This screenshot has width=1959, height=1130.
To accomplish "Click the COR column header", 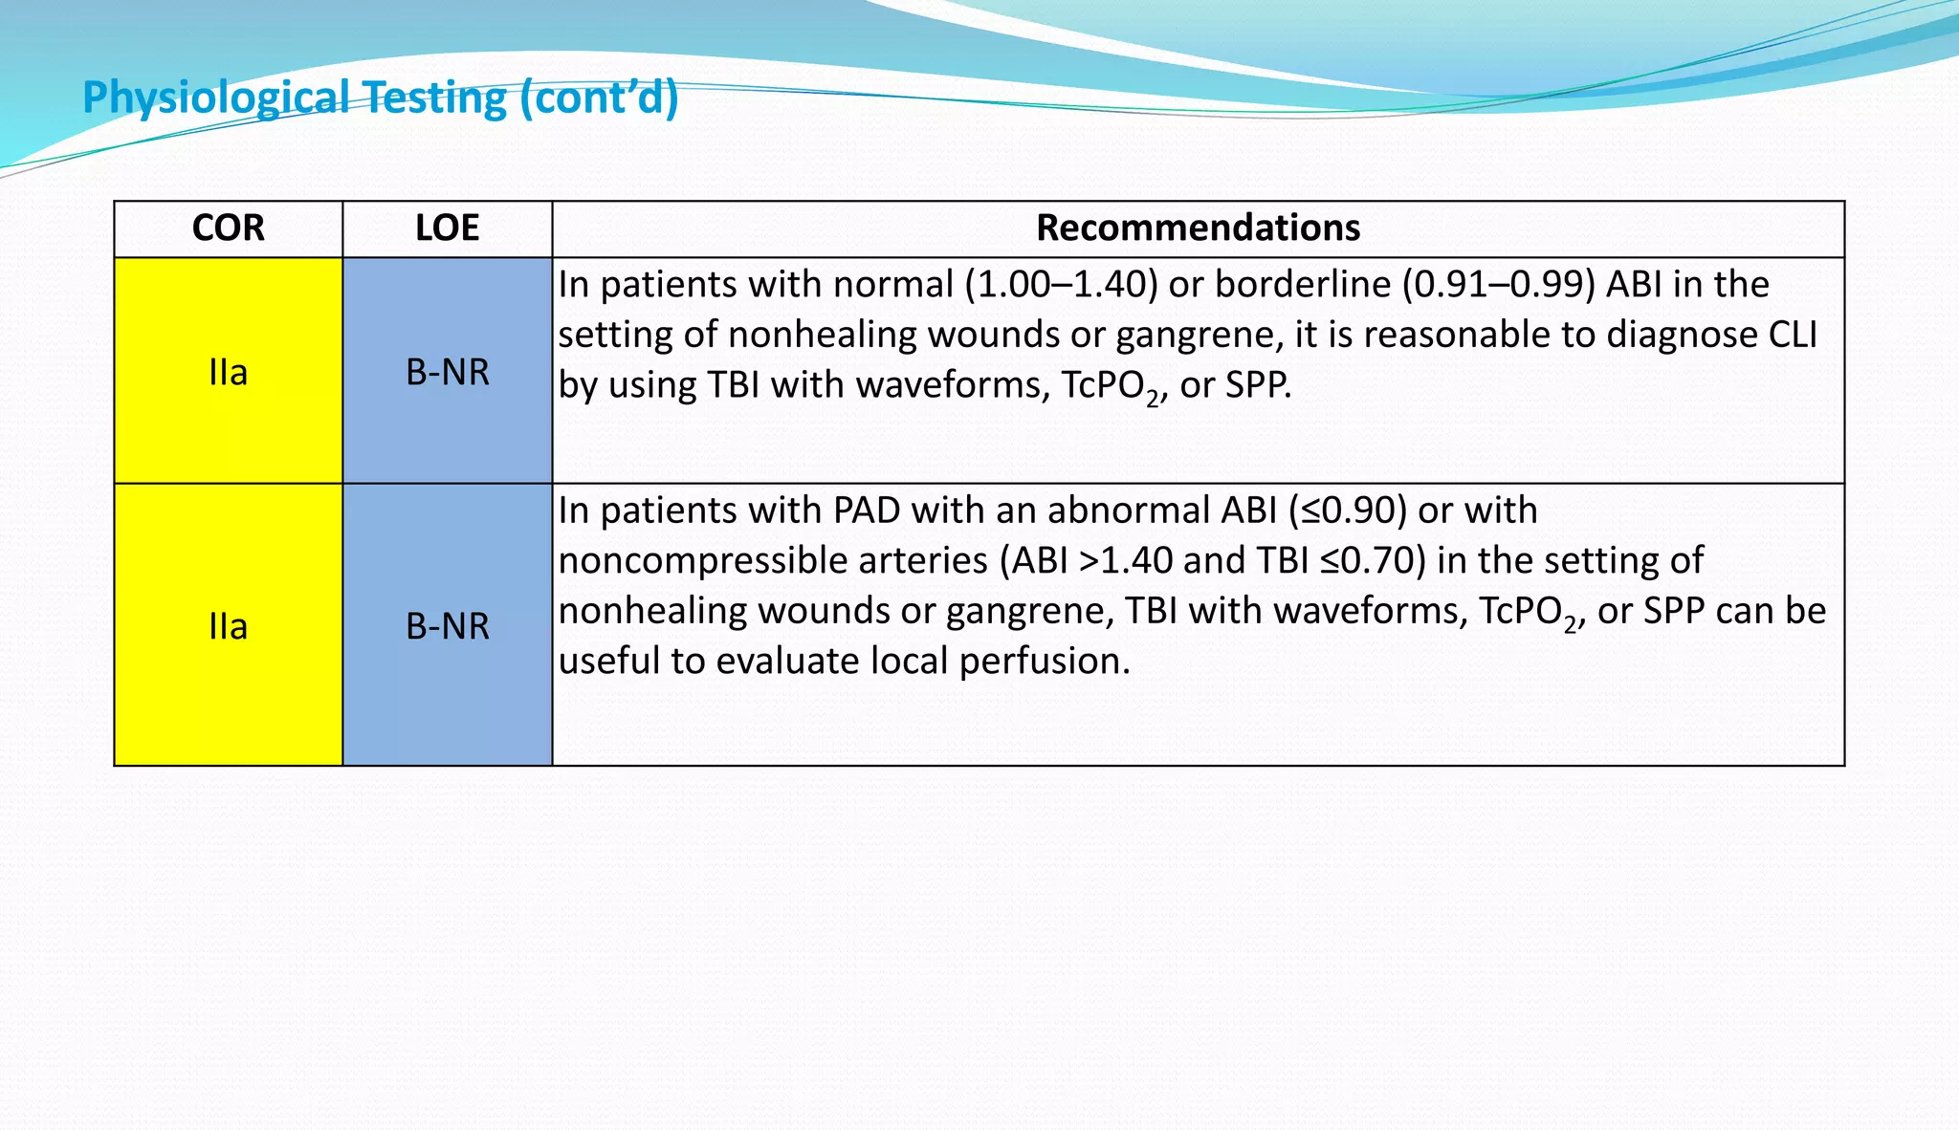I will click(228, 228).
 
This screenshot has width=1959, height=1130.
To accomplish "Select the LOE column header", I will click(447, 228).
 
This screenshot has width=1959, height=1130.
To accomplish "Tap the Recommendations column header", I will click(1198, 228).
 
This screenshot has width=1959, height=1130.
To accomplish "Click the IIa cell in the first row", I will click(228, 372).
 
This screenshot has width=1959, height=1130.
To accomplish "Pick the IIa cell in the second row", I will click(228, 626).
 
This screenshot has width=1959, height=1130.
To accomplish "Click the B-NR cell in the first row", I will click(447, 372).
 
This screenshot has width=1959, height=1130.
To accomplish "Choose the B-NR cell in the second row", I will click(447, 626).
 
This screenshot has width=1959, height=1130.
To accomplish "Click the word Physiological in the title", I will click(216, 98).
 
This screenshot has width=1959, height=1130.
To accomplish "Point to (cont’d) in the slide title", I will click(600, 98).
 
